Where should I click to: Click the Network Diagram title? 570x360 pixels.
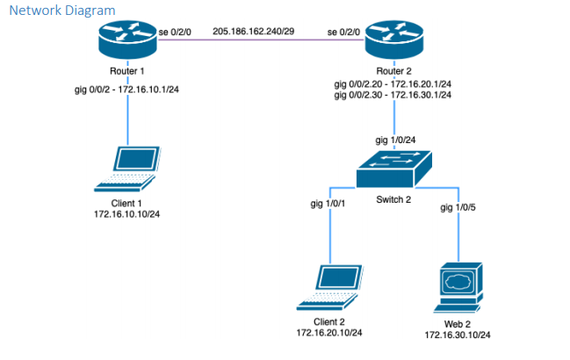(62, 10)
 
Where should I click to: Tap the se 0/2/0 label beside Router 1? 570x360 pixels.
(175, 32)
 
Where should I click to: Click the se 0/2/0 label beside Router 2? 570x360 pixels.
(344, 32)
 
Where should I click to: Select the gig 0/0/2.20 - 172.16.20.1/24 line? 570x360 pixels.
(393, 83)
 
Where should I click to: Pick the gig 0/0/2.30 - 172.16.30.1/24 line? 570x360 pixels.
(393, 95)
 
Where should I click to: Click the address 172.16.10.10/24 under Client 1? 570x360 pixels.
(128, 213)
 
